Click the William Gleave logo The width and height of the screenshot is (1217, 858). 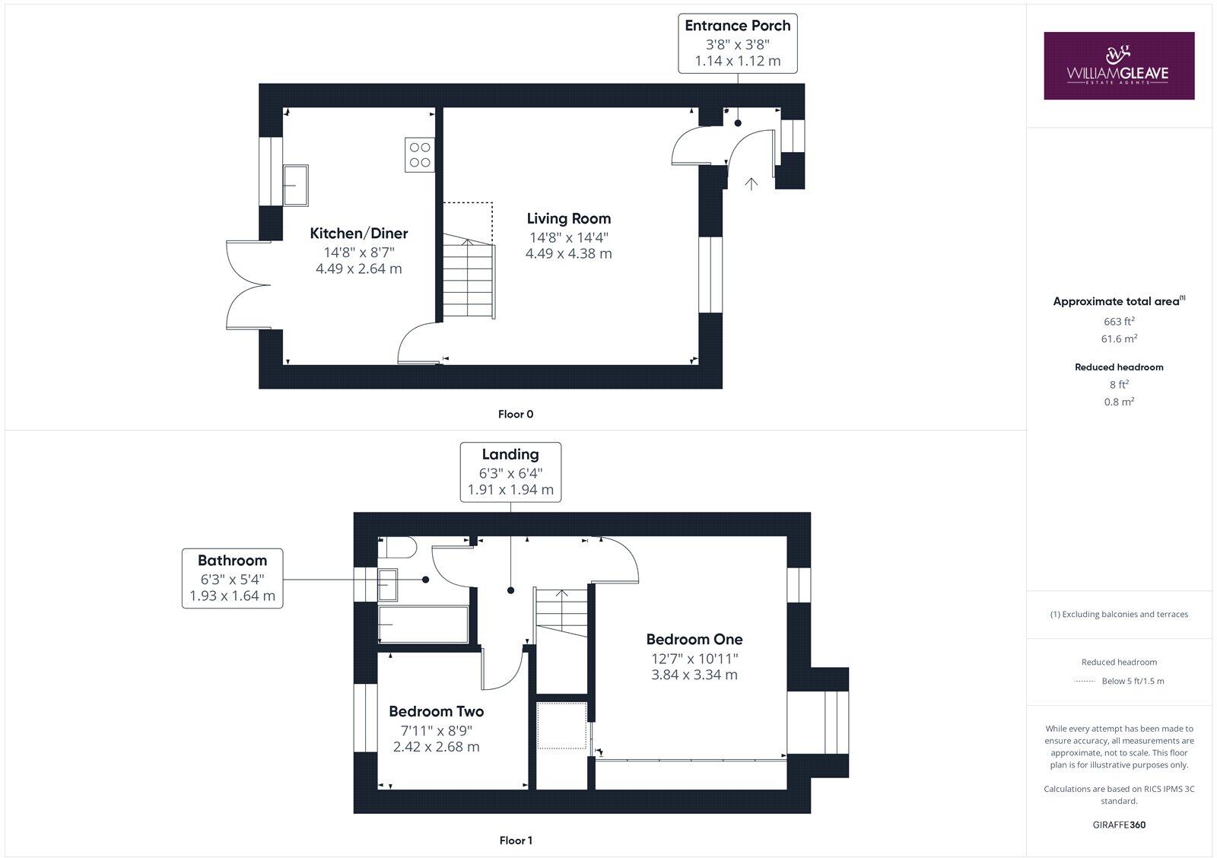pos(1118,65)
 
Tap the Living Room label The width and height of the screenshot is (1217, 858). pos(568,219)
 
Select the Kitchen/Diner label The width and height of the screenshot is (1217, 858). pos(358,234)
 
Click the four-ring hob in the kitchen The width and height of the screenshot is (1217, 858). pos(420,155)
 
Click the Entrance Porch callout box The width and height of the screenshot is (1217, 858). pos(737,43)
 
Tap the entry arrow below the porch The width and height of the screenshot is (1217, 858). pos(751,183)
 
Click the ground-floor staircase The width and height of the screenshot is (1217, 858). pos(469,278)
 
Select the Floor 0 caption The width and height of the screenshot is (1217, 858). pos(515,415)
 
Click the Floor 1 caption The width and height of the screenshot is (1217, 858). pos(515,841)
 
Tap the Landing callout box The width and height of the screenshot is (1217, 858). pos(510,472)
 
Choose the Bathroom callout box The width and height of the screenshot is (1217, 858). pos(232,578)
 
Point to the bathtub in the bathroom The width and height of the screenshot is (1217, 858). pos(423,624)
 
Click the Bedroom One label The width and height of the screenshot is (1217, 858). pos(694,640)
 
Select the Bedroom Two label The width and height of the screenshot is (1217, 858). pos(436,712)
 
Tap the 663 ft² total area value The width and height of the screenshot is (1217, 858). pos(1118,322)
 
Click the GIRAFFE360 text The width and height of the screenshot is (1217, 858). pos(1118,825)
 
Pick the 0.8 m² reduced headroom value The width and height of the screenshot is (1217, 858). pos(1118,402)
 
